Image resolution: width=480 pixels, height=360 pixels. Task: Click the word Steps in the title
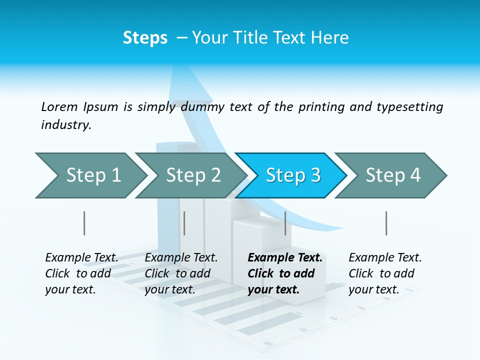(x=145, y=37)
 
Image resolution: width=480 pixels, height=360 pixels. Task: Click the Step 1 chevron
(x=90, y=175)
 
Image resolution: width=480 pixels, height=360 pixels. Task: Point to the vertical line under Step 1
(x=84, y=223)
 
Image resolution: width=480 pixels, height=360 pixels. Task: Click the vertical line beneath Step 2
(x=184, y=223)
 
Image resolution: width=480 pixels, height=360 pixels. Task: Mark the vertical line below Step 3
(x=285, y=223)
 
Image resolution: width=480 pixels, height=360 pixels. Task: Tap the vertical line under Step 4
(x=386, y=223)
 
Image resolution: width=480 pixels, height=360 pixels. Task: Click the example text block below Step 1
(x=81, y=273)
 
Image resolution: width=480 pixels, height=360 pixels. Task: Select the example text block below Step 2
(x=180, y=273)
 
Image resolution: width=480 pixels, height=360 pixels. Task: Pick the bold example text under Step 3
(x=284, y=273)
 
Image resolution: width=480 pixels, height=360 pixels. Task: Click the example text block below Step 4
(x=384, y=273)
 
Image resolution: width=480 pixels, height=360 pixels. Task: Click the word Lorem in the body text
(x=59, y=106)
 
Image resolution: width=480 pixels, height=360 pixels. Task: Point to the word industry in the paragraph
(x=65, y=125)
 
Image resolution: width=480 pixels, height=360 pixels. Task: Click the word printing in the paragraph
(x=319, y=106)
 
